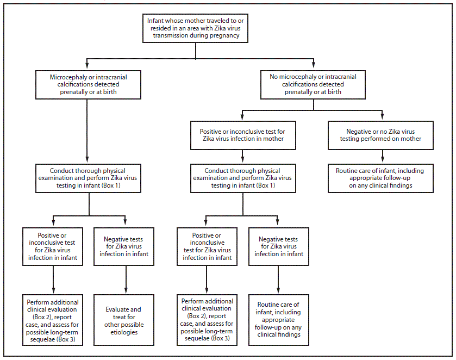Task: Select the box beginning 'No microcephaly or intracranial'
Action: [313, 84]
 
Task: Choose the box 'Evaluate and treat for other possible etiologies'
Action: [125, 321]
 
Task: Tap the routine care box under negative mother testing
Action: [380, 178]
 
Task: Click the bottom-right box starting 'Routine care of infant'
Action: [279, 319]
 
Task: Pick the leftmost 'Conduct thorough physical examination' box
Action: [89, 177]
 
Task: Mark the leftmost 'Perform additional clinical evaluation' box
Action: [53, 321]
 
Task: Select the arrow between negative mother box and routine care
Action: [380, 157]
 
